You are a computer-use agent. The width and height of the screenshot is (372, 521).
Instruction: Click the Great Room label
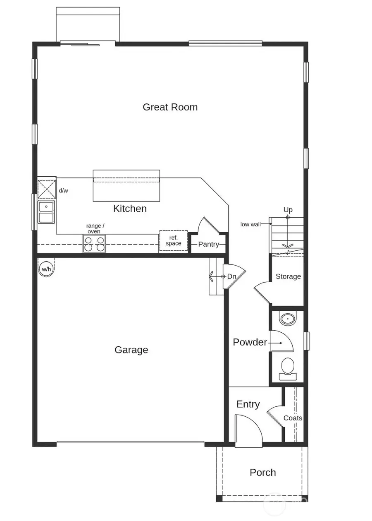pyautogui.click(x=170, y=107)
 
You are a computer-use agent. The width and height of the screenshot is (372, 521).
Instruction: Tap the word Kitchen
pyautogui.click(x=130, y=209)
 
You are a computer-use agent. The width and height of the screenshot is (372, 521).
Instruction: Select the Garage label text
pyautogui.click(x=131, y=350)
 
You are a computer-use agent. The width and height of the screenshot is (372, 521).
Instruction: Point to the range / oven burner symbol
pyautogui.click(x=94, y=243)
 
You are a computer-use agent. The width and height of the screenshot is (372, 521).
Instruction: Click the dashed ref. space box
pyautogui.click(x=173, y=241)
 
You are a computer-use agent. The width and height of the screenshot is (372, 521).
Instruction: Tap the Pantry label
pyautogui.click(x=208, y=244)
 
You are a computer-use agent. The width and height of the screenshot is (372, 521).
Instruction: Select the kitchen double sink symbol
pyautogui.click(x=46, y=212)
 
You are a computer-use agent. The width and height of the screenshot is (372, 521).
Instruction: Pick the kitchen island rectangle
pyautogui.click(x=126, y=186)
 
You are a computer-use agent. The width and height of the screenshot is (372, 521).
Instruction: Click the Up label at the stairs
pyautogui.click(x=288, y=210)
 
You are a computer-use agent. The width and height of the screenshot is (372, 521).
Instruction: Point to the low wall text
pyautogui.click(x=250, y=224)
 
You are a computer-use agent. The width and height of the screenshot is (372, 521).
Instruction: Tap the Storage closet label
pyautogui.click(x=288, y=276)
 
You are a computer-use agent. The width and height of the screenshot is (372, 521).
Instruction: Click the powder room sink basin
pyautogui.click(x=288, y=319)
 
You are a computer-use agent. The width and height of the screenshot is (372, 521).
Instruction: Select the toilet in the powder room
pyautogui.click(x=288, y=367)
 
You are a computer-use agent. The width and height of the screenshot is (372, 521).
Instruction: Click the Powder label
pyautogui.click(x=250, y=342)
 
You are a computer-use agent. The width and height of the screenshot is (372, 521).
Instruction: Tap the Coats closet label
pyautogui.click(x=293, y=418)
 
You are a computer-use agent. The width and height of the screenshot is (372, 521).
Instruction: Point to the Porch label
pyautogui.click(x=262, y=473)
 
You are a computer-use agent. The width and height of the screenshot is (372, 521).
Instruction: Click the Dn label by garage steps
pyautogui.click(x=231, y=276)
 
